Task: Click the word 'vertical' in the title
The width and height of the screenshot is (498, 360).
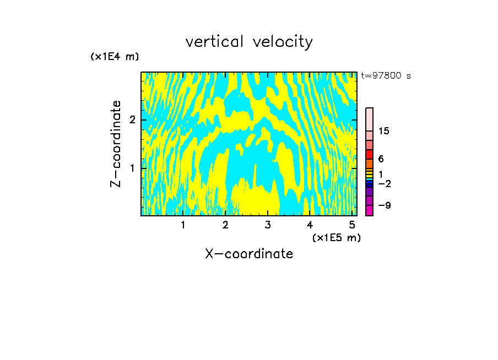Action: click(x=212, y=42)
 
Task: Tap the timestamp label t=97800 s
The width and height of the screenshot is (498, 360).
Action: click(x=386, y=76)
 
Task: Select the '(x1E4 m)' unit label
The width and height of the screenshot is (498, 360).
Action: click(x=115, y=57)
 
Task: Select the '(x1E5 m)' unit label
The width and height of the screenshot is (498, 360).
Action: click(x=336, y=237)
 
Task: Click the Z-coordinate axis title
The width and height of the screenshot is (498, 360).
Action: click(x=116, y=144)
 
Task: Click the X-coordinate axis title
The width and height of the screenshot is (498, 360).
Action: click(x=249, y=254)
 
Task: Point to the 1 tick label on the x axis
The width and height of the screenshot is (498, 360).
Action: click(x=183, y=225)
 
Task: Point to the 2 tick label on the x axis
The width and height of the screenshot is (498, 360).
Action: click(x=225, y=225)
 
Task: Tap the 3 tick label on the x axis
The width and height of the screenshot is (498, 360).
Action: click(x=268, y=225)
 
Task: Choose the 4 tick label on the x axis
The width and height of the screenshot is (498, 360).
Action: click(x=310, y=225)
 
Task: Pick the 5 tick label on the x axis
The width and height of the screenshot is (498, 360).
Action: click(x=352, y=225)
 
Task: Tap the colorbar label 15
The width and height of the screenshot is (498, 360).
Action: click(x=384, y=131)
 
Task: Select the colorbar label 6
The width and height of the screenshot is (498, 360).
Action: click(x=381, y=159)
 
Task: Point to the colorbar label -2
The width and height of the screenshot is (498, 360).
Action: click(x=384, y=183)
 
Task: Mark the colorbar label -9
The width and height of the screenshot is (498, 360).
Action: click(x=384, y=205)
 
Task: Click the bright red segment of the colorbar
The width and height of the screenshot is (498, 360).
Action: click(x=369, y=155)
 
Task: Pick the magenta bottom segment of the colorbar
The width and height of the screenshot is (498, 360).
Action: click(x=369, y=210)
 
